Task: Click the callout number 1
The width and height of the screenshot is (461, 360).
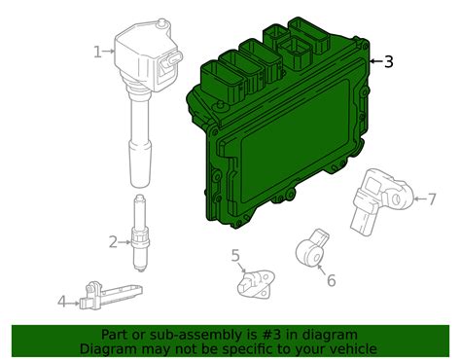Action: coord(96,52)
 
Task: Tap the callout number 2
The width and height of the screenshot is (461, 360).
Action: coord(113,241)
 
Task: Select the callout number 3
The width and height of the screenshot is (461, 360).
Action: coord(389,61)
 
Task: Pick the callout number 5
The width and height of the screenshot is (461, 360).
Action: coord(235,256)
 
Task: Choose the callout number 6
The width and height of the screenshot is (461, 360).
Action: coord(331,280)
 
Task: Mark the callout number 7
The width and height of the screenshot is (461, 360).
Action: coord(432,200)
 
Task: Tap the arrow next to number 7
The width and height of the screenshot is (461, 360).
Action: coord(415,200)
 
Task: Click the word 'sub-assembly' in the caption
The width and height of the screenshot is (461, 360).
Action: coord(195,335)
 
